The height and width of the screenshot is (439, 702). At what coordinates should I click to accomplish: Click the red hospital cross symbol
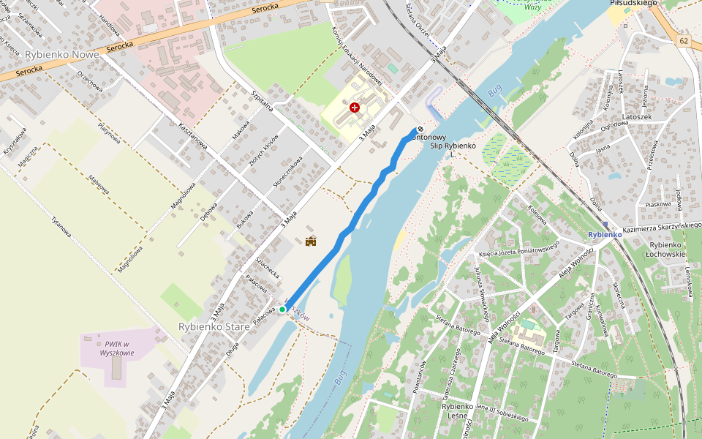(355, 108)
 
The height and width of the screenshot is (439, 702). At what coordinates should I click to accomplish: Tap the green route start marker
(282, 309)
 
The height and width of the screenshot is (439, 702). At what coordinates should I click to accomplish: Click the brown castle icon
(311, 241)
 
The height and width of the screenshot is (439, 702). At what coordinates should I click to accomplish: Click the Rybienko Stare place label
(214, 326)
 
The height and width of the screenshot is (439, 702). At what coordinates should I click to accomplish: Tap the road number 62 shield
(683, 40)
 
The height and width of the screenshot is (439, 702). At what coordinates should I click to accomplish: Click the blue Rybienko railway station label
(605, 234)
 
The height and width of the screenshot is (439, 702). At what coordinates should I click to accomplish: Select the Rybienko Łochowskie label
(668, 249)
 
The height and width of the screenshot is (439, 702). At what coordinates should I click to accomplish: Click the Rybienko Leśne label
(458, 411)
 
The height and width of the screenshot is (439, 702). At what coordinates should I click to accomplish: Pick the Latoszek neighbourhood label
(636, 116)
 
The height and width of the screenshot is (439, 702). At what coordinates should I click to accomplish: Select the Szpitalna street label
(261, 102)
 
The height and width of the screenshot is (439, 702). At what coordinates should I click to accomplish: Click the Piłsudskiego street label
(633, 4)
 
